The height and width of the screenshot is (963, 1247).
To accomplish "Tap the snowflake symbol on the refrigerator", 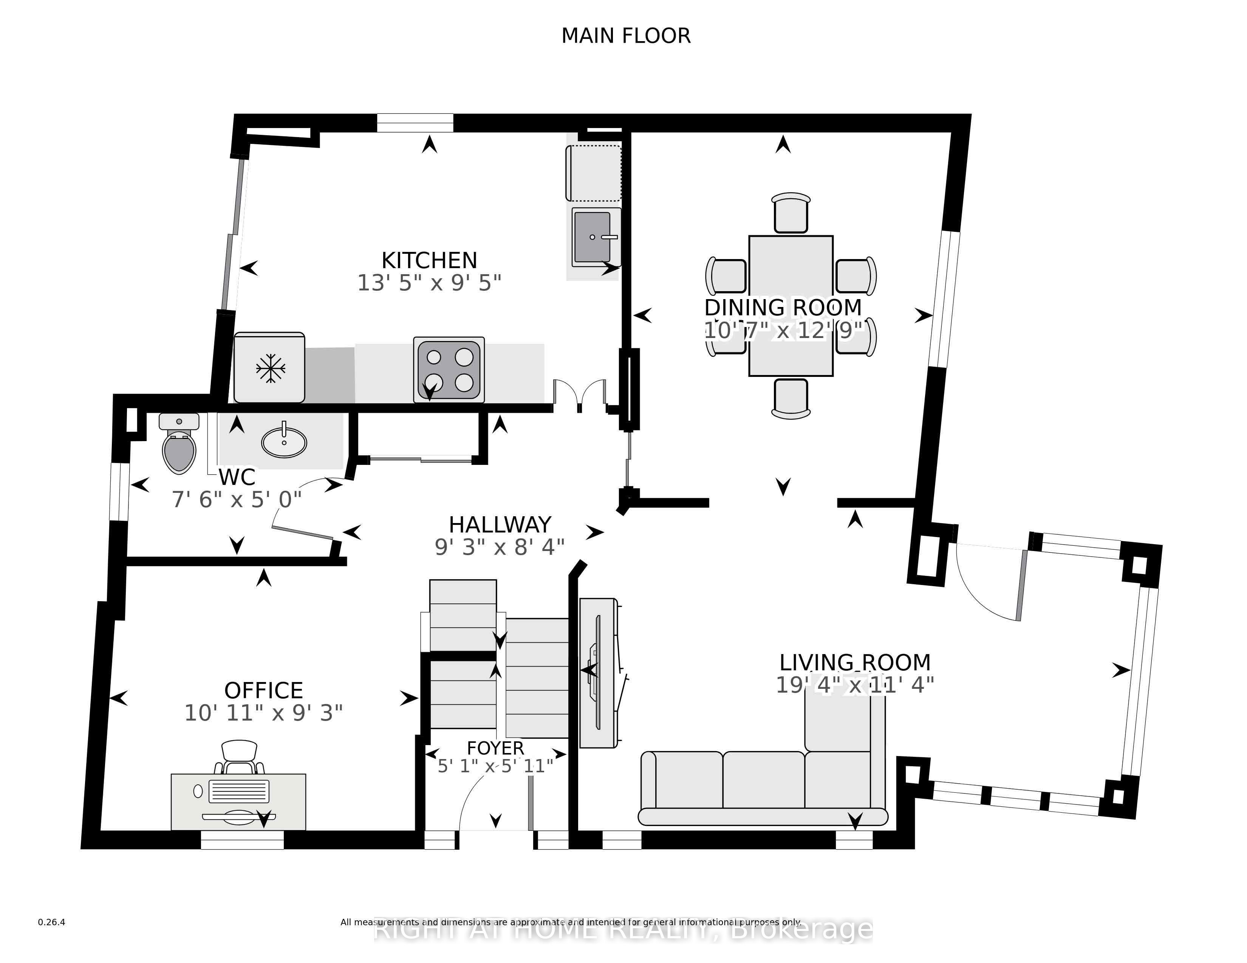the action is coord(270,368).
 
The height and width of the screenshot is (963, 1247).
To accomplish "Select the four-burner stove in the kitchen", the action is coord(449,370).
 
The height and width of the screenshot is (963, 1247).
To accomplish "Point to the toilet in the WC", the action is coord(179,443).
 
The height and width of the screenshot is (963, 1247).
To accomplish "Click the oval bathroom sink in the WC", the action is coord(284,442).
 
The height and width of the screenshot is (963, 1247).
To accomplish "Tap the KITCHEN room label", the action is coord(429,260).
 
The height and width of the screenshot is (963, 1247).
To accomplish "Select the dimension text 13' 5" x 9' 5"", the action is coord(429,283).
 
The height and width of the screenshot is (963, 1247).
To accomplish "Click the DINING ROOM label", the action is coord(783,307).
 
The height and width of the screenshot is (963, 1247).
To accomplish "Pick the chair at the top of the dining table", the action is coord(791,213).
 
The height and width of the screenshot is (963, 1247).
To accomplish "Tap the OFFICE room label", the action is coord(263,690).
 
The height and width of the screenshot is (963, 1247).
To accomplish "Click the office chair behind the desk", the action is coord(239,757).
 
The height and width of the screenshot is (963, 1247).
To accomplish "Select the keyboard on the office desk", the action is coord(239,791).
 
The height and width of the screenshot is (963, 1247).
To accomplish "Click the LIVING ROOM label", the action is coord(855,662).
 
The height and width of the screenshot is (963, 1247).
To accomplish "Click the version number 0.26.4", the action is coord(51,922).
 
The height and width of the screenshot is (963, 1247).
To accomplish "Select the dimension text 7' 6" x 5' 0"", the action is coord(237,500).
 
